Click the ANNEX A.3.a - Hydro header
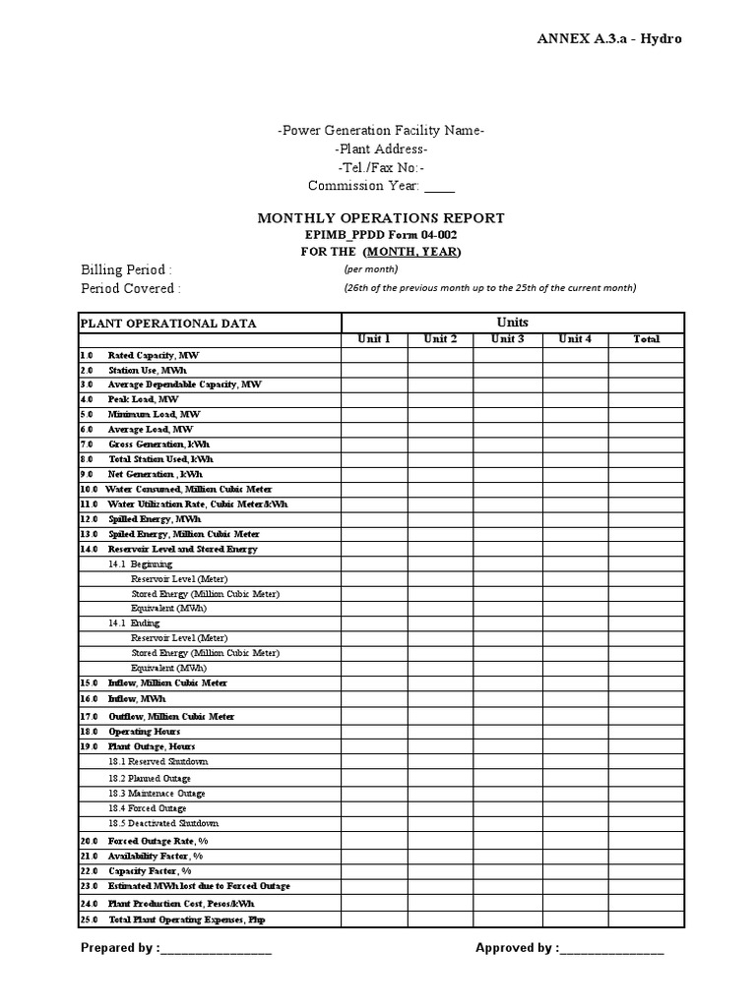tap(608, 38)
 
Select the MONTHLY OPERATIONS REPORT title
tap(381, 218)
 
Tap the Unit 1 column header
tap(374, 339)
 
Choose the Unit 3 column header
tap(507, 339)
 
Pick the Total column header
tap(646, 339)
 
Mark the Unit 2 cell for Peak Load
tap(440, 400)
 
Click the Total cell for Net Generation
tap(646, 474)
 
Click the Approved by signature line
tap(611, 949)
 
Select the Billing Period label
tap(126, 269)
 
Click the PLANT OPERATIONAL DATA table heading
tap(168, 324)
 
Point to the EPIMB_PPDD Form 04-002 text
tap(381, 235)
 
